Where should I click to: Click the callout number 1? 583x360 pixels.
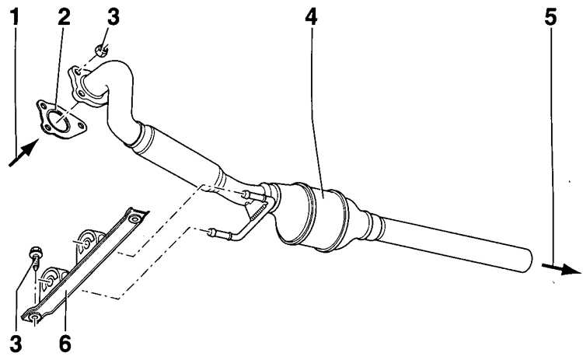point(14,17)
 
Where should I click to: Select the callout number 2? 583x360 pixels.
point(64,17)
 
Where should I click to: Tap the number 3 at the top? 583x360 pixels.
point(113,17)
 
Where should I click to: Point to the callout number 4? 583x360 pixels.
point(311,17)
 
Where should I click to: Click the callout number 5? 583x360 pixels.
point(550,17)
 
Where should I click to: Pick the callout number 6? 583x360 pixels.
point(65,343)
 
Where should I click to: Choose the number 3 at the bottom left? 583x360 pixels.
point(16,343)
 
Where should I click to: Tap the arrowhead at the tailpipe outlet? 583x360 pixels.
point(571,269)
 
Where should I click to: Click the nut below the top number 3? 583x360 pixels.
point(101,50)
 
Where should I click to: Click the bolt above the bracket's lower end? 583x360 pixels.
point(36,258)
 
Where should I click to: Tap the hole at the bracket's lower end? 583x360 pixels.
point(34,317)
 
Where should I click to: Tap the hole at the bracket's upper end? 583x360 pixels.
point(134,218)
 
